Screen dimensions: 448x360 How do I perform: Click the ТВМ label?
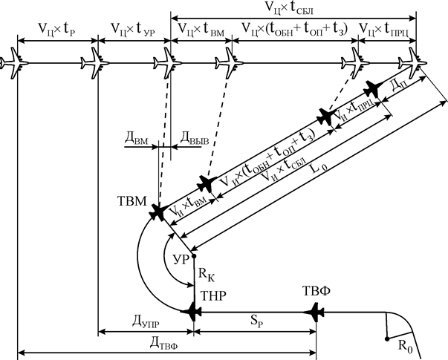pos(132,201)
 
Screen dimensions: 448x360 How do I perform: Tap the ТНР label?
pos(213,296)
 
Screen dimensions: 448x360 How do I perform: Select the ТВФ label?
pos(316,291)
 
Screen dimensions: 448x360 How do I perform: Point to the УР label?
pos(181,260)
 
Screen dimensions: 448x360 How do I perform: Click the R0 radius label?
pos(406,347)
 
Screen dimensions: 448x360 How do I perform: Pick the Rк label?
pos(207,275)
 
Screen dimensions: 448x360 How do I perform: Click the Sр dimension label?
pos(257,321)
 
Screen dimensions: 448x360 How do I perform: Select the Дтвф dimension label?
pos(163,343)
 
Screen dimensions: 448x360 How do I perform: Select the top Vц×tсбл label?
pos(289,7)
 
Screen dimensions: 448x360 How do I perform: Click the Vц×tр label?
pos(57,29)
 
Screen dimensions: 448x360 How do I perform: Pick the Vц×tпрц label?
pos(383,29)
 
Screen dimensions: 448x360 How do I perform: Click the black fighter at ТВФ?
pos(314,312)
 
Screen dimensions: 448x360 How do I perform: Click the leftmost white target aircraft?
pos(13,62)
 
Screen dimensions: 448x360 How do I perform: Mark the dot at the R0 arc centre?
pos(387,339)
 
